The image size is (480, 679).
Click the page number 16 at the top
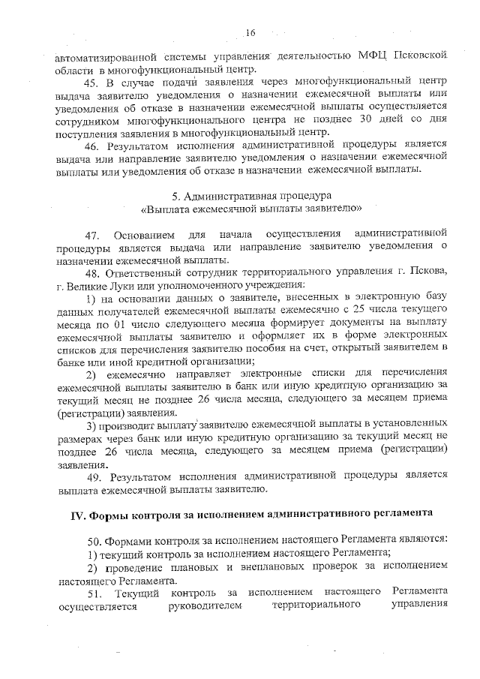(x=250, y=31)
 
